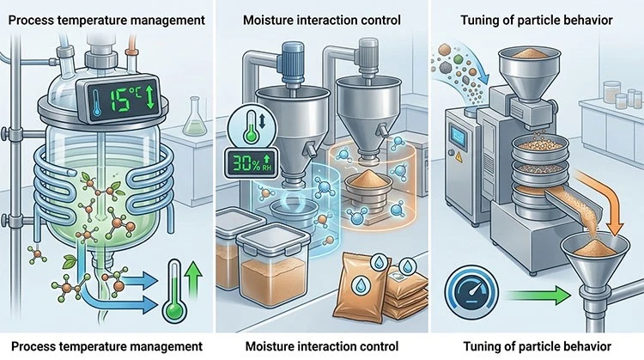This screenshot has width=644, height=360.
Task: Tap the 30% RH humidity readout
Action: click(251, 163)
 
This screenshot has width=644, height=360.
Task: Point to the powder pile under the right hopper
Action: click(368, 178)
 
